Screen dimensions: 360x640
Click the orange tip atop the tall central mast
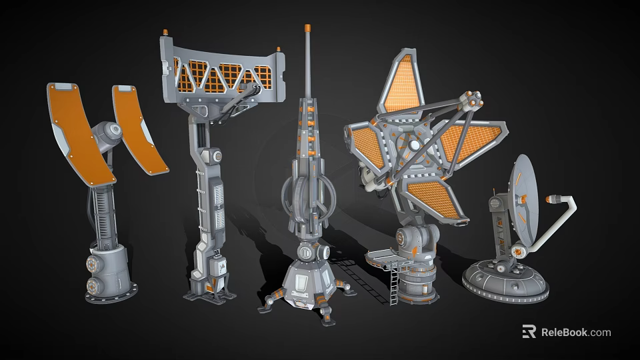[307, 29]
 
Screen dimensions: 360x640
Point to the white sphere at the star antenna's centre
[415, 145]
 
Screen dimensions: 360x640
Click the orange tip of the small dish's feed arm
[551, 198]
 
